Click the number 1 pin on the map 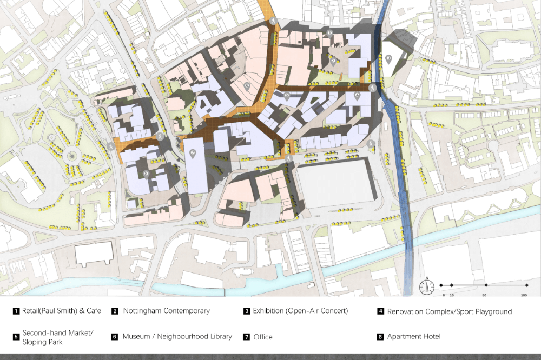pyautogui.click(x=330, y=32)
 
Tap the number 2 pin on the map pyautogui.click(x=334, y=61)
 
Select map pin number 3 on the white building pyautogui.click(x=388, y=58)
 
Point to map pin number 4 pyautogui.click(x=357, y=96)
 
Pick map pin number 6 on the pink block pyautogui.click(x=247, y=85)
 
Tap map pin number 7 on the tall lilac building pyautogui.click(x=193, y=153)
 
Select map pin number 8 pyautogui.click(x=146, y=174)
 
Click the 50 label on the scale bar pyautogui.click(x=485, y=295)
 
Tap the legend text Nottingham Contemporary pyautogui.click(x=166, y=311)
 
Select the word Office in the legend pyautogui.click(x=263, y=337)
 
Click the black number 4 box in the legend pyautogui.click(x=381, y=311)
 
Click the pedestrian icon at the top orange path pyautogui.click(x=274, y=21)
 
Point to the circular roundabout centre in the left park pyautogui.click(x=70, y=157)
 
